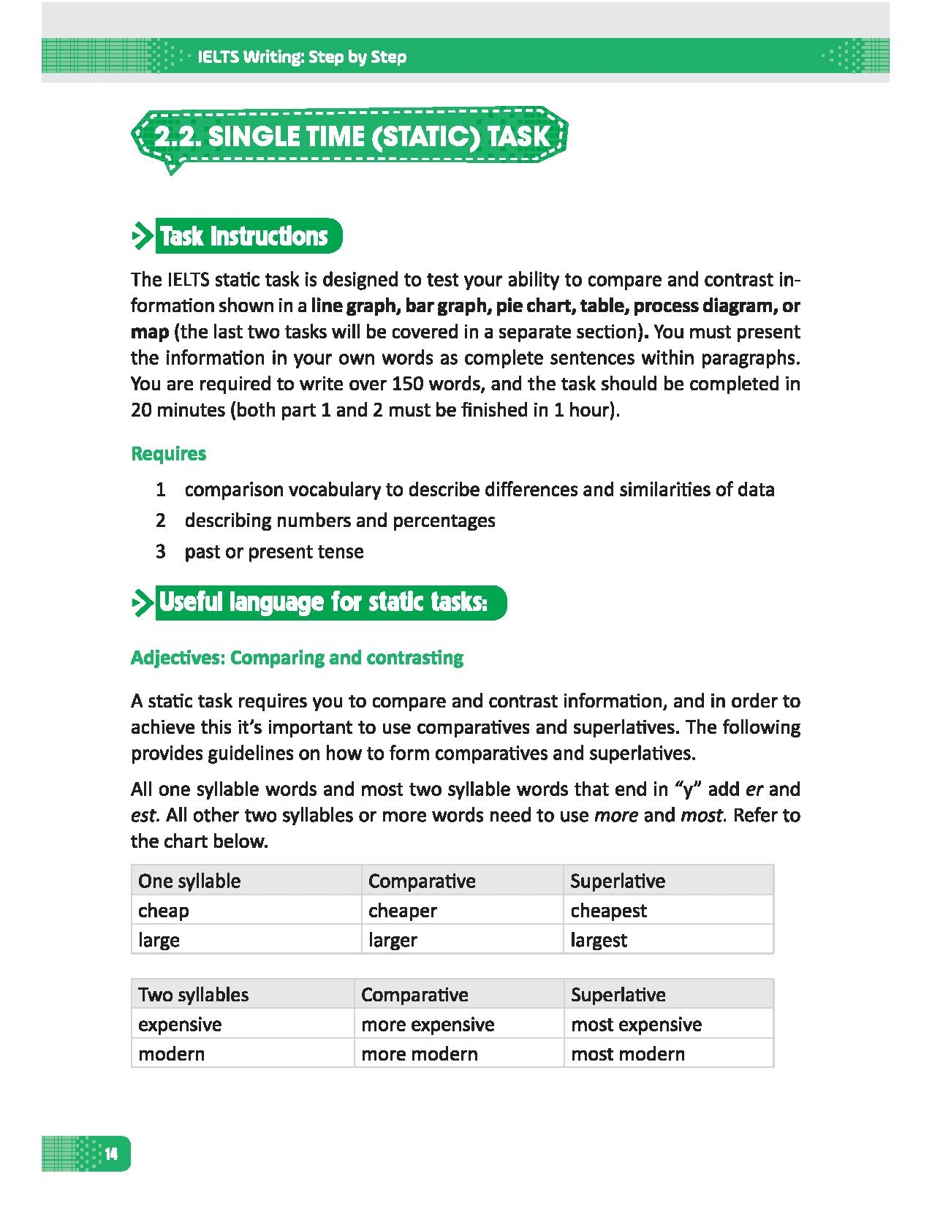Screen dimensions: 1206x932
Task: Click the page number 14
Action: pyautogui.click(x=111, y=1154)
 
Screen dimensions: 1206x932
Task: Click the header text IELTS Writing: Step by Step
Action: pyautogui.click(x=302, y=57)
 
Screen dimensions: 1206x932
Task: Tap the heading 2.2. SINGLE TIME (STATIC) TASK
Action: pyautogui.click(x=351, y=136)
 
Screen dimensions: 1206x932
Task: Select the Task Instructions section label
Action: pyautogui.click(x=243, y=236)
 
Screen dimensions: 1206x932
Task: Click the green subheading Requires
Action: pyautogui.click(x=168, y=453)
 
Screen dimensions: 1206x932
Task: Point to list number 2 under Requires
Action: pyautogui.click(x=161, y=520)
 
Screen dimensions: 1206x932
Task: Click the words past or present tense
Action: pyautogui.click(x=273, y=551)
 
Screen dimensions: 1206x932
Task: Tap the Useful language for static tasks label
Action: pyautogui.click(x=322, y=602)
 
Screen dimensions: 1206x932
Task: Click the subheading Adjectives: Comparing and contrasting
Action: pyautogui.click(x=297, y=657)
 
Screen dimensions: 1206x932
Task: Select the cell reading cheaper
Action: pyautogui.click(x=402, y=911)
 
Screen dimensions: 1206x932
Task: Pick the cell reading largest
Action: pyautogui.click(x=598, y=940)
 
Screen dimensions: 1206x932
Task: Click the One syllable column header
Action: pyautogui.click(x=189, y=881)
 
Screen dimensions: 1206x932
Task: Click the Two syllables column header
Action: pyautogui.click(x=193, y=995)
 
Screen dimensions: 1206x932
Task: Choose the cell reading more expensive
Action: pyautogui.click(x=428, y=1025)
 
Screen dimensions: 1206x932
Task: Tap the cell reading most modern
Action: pyautogui.click(x=627, y=1054)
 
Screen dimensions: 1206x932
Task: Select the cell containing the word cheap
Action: pyautogui.click(x=164, y=911)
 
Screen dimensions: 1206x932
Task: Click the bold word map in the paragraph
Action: pyautogui.click(x=149, y=332)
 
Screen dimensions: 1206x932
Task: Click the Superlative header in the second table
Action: pyautogui.click(x=618, y=995)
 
